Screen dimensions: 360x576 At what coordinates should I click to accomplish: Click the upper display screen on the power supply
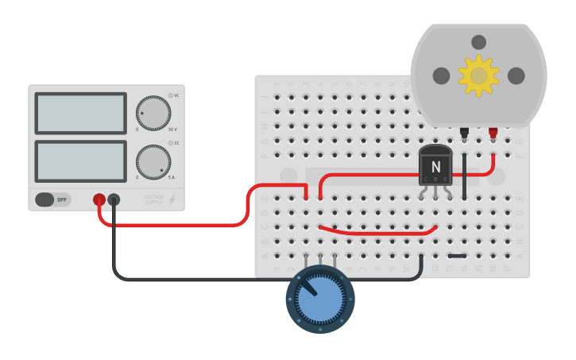pyautogui.click(x=80, y=114)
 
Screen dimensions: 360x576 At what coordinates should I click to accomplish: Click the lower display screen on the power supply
pyautogui.click(x=80, y=161)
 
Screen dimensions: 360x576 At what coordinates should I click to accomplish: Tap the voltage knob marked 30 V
pyautogui.click(x=153, y=114)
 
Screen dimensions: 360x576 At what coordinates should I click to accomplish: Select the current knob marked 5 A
pyautogui.click(x=153, y=162)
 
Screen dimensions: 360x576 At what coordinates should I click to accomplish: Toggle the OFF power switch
pyautogui.click(x=52, y=199)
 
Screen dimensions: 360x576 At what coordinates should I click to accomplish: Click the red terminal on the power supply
pyautogui.click(x=99, y=199)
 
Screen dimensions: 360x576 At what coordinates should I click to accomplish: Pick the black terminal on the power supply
pyautogui.click(x=114, y=199)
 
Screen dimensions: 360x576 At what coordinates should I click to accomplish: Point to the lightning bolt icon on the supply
pyautogui.click(x=172, y=199)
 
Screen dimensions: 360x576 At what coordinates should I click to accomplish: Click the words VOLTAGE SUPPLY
pyautogui.click(x=154, y=199)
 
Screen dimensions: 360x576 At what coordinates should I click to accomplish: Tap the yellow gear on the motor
pyautogui.click(x=478, y=75)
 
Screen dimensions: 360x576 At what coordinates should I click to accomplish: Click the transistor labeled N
pyautogui.click(x=435, y=166)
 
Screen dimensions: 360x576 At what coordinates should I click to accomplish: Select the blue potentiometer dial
pyautogui.click(x=320, y=300)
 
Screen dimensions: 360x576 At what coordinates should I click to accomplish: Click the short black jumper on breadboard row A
pyautogui.click(x=457, y=256)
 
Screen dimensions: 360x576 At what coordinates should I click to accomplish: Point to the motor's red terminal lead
pyautogui.click(x=493, y=132)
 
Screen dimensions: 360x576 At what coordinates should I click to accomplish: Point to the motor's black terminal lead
pyautogui.click(x=464, y=132)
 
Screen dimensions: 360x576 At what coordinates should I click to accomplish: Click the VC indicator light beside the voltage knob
pyautogui.click(x=171, y=95)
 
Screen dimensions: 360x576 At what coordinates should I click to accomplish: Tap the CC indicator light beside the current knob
pyautogui.click(x=171, y=143)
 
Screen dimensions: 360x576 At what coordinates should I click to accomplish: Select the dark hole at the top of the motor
pyautogui.click(x=478, y=42)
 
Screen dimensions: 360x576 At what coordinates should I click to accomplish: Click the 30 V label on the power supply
pyautogui.click(x=172, y=130)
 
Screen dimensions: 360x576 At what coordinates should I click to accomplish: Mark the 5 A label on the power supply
pyautogui.click(x=172, y=177)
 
